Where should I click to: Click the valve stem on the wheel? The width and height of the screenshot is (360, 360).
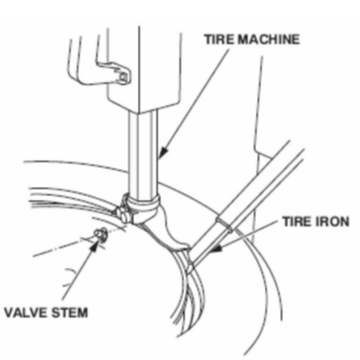click(x=99, y=234)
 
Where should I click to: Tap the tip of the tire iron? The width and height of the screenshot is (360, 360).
click(x=190, y=266)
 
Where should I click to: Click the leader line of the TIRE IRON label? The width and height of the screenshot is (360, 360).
click(x=250, y=235)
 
